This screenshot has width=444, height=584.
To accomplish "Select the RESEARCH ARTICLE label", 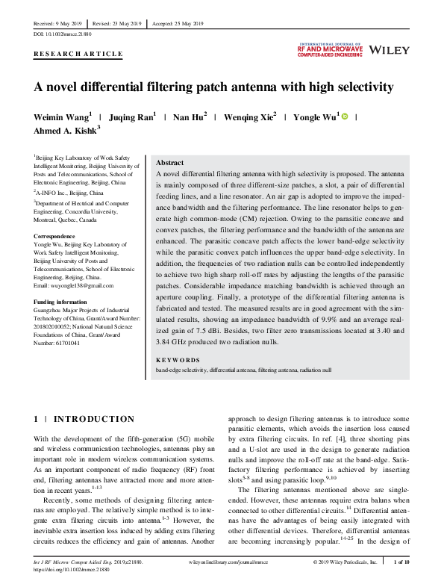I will (78, 54).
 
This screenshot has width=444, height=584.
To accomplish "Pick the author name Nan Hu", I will (188, 117).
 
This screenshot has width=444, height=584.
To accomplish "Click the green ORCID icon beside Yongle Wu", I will (345, 117).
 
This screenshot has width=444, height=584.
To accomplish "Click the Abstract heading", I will (169, 163).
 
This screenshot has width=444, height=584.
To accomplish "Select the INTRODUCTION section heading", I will (89, 420).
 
